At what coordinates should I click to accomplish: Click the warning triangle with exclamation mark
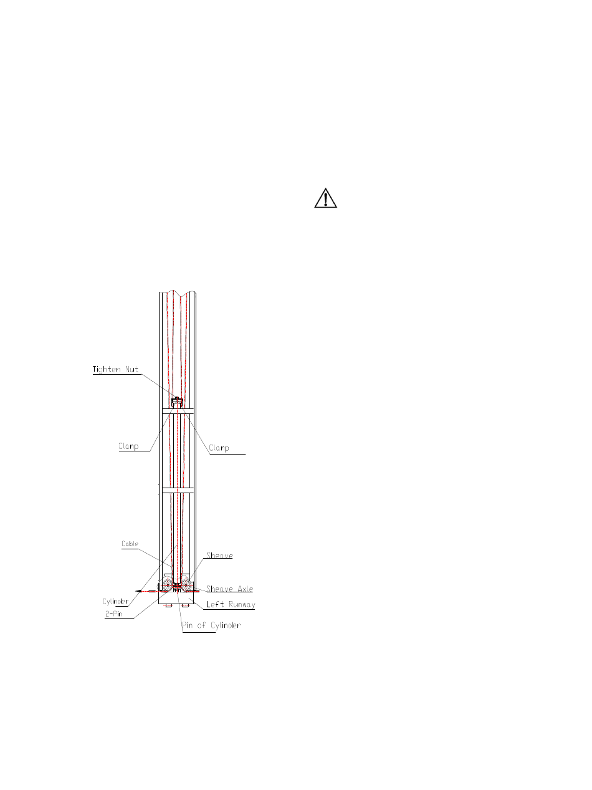(x=325, y=198)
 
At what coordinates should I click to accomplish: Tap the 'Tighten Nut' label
(x=115, y=369)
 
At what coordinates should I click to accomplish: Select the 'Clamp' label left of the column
(x=128, y=446)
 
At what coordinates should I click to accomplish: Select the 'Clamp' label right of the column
(x=219, y=448)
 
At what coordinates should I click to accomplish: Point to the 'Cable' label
(x=130, y=544)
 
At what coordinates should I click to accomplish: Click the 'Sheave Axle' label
(x=229, y=589)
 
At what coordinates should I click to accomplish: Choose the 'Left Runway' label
(x=231, y=604)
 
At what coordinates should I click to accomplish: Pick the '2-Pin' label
(x=113, y=614)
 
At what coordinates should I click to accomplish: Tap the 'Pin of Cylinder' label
(x=211, y=625)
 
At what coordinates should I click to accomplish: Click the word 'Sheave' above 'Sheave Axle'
(x=219, y=556)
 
